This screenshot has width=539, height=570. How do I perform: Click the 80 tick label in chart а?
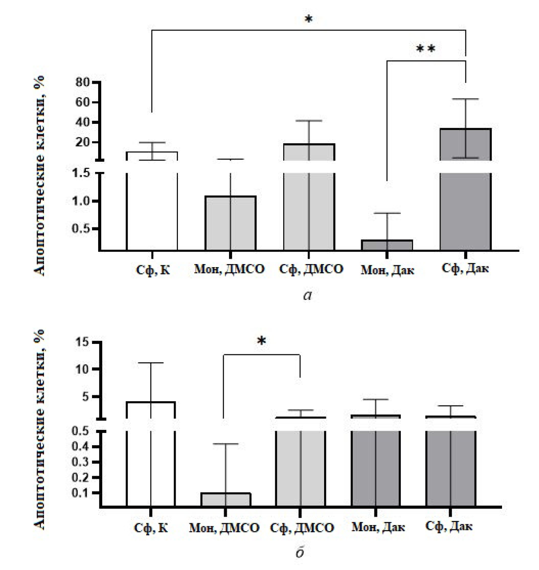(84, 82)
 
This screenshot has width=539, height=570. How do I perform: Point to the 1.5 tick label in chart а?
(81, 173)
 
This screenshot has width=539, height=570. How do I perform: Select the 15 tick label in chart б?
(81, 342)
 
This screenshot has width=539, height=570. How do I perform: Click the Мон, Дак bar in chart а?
(387, 245)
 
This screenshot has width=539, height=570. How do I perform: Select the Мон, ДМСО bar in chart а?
(230, 223)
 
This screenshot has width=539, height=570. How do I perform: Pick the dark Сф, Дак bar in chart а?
(465, 190)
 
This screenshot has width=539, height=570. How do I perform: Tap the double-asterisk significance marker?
(426, 49)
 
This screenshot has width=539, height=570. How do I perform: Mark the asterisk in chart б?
(262, 341)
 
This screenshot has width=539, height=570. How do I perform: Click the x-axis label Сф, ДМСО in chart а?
(311, 269)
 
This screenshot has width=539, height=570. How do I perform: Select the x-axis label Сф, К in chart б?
(151, 528)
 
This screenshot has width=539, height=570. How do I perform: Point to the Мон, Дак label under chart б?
(378, 526)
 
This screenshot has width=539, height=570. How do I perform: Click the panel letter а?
(307, 295)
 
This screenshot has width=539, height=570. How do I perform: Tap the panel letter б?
(299, 551)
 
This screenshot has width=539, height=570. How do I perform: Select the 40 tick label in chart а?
(84, 122)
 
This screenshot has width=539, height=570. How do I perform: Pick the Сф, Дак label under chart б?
(449, 526)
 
